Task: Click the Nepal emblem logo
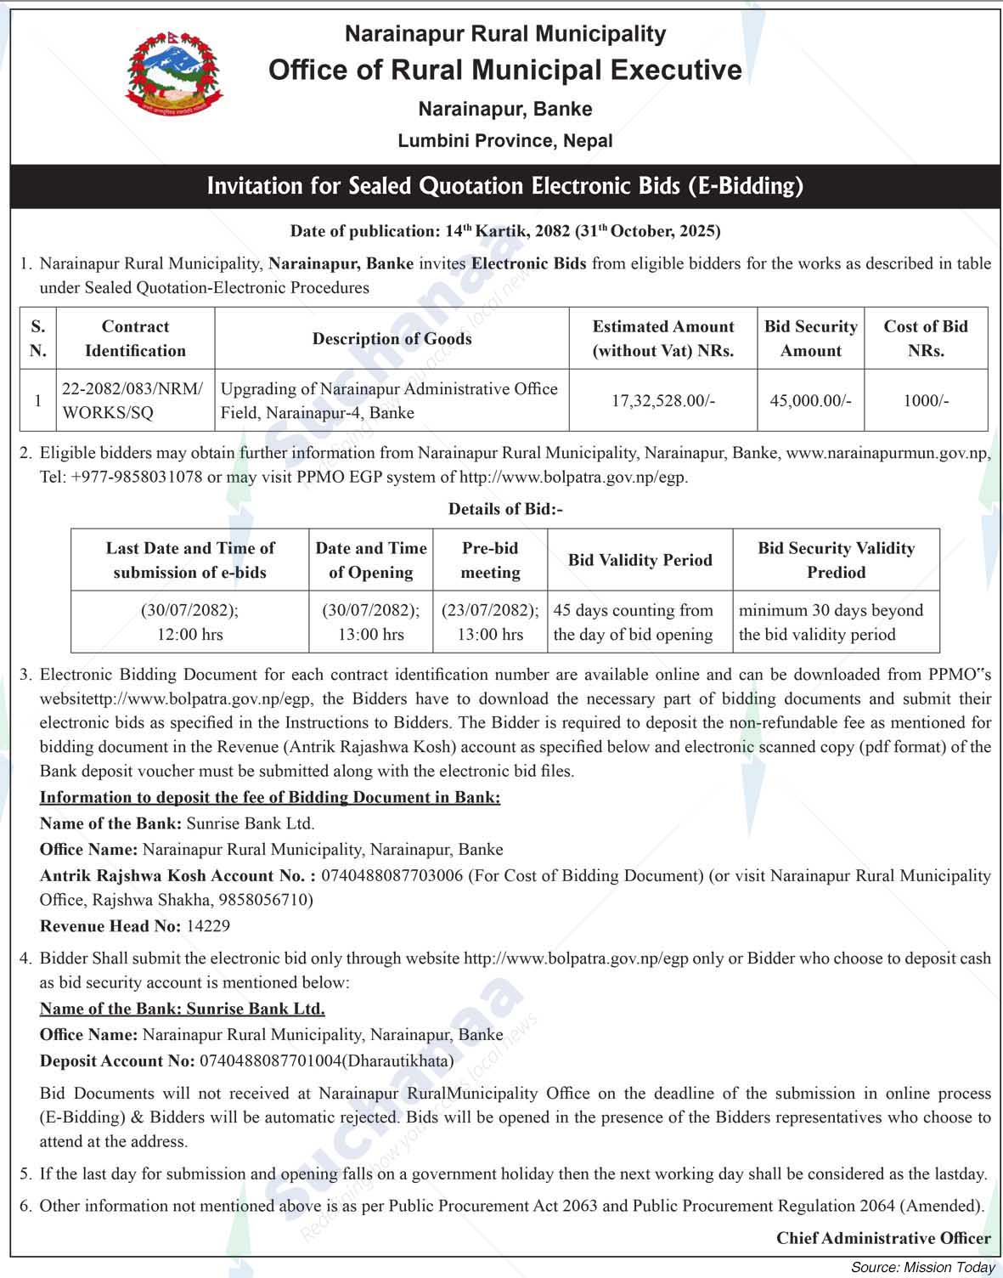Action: [x=175, y=77]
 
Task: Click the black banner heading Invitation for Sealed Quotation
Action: [x=504, y=185]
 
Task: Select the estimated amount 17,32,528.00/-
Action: [x=663, y=400]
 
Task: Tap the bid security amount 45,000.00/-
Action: [x=810, y=400]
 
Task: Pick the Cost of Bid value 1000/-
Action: [x=926, y=400]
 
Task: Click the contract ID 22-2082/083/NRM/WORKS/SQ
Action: [x=132, y=400]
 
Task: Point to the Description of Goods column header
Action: [x=392, y=338]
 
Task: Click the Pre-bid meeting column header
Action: [x=490, y=560]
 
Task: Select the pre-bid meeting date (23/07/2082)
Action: [x=490, y=610]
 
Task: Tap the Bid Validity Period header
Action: [x=640, y=560]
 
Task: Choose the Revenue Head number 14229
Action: [x=208, y=925]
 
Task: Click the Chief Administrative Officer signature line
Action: [x=883, y=1238]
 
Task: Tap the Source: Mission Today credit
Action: [x=922, y=1267]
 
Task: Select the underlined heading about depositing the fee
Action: [x=270, y=797]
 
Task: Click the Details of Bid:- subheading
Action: [x=504, y=509]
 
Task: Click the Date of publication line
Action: [x=504, y=231]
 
